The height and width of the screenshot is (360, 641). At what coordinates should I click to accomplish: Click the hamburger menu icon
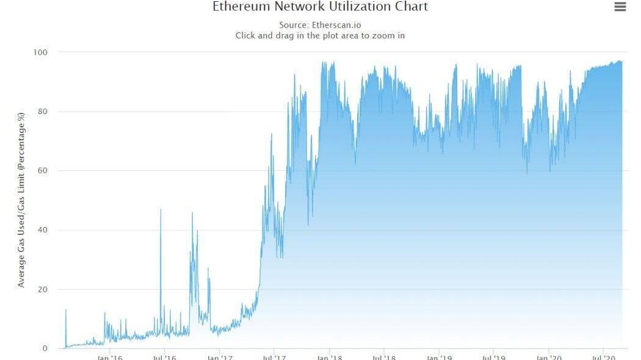click(x=620, y=7)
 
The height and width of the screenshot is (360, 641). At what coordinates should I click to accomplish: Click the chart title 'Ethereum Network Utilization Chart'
click(x=320, y=7)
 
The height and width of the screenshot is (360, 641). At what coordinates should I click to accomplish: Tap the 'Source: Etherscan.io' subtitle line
click(x=320, y=25)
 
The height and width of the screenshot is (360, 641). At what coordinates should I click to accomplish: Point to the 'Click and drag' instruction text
click(x=320, y=35)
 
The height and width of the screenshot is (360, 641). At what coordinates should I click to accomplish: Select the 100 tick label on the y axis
click(x=41, y=52)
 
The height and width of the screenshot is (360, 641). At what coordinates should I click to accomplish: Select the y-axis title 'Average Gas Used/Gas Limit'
click(x=21, y=200)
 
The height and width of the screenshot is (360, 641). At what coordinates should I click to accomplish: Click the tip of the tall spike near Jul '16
click(x=161, y=209)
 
